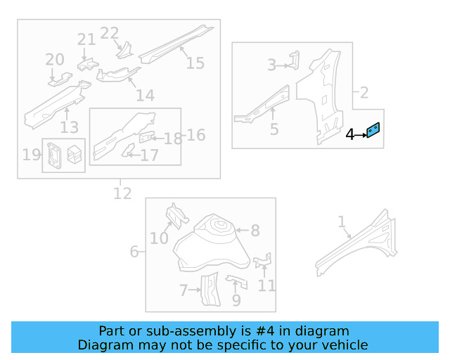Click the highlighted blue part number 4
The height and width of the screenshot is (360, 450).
[x=373, y=131]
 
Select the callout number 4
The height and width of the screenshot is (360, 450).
[x=350, y=134]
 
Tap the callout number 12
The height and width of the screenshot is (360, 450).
[x=122, y=193]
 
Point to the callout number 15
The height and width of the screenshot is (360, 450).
[x=195, y=63]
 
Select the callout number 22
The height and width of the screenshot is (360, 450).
[x=110, y=33]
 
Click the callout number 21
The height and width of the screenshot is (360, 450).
[x=86, y=39]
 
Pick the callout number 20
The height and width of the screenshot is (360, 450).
[x=55, y=60]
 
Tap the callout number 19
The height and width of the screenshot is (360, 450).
[x=31, y=155]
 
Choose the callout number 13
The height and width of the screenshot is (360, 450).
[x=69, y=127]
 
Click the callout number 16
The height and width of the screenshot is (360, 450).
[x=196, y=134]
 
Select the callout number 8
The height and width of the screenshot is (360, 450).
[x=255, y=230]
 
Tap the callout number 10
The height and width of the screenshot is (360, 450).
[x=159, y=238]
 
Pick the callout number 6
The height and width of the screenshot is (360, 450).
[x=134, y=251]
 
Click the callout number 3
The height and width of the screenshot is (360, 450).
[x=271, y=65]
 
